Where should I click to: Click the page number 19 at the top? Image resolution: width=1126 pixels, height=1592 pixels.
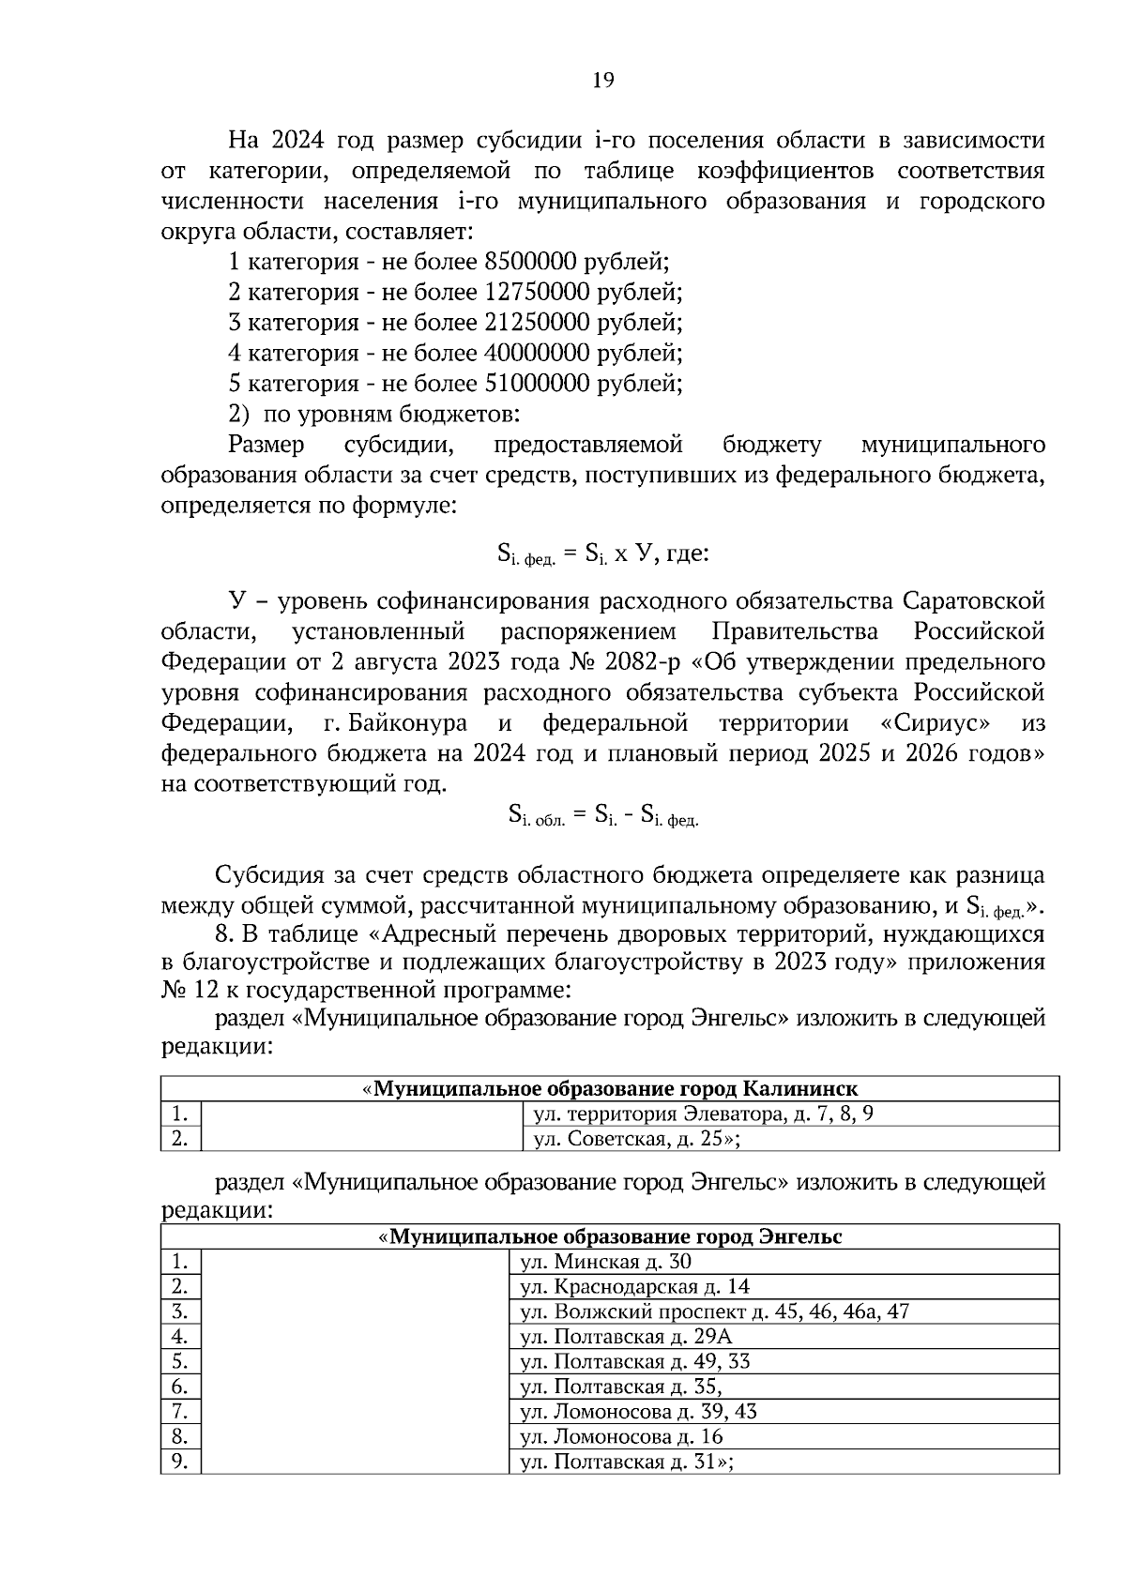[x=602, y=81]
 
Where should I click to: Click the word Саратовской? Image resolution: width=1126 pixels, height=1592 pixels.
[x=974, y=601]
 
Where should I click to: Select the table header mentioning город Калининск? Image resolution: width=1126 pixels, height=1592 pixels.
[x=610, y=1089]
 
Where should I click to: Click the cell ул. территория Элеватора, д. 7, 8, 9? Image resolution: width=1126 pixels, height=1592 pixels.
[x=704, y=1114]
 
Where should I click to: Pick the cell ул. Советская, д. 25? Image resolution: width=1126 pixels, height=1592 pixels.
[x=638, y=1140]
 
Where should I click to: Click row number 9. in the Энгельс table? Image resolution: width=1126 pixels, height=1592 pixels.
[x=179, y=1462]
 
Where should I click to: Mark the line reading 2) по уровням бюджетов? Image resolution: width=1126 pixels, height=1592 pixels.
[x=374, y=414]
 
